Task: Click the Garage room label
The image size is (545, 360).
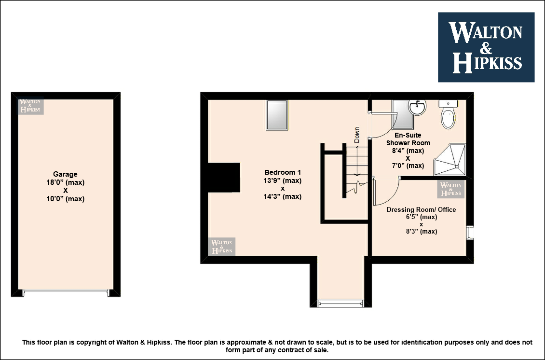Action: pyautogui.click(x=65, y=174)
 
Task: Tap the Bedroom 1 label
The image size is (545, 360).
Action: pyautogui.click(x=283, y=172)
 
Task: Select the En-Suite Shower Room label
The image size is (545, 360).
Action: pyautogui.click(x=408, y=139)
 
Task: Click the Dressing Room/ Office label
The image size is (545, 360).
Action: pyautogui.click(x=421, y=209)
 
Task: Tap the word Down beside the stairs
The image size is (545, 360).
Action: pyautogui.click(x=357, y=135)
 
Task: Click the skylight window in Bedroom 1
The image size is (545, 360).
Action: pyautogui.click(x=277, y=115)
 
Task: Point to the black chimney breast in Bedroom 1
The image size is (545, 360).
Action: pyautogui.click(x=224, y=178)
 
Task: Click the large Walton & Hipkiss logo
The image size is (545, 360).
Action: pyautogui.click(x=486, y=47)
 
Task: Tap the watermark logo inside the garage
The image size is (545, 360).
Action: pyautogui.click(x=31, y=106)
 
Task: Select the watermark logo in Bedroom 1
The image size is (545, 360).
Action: pyautogui.click(x=222, y=246)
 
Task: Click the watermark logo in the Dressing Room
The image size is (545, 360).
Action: pyautogui.click(x=451, y=189)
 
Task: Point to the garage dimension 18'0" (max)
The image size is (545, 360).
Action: pyautogui.click(x=65, y=182)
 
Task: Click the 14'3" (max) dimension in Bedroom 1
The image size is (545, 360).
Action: pyautogui.click(x=283, y=196)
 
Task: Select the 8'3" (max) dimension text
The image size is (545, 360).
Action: pyautogui.click(x=421, y=231)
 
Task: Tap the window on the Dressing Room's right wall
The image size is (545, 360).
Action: pyautogui.click(x=470, y=233)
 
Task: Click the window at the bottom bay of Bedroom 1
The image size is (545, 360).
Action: pyautogui.click(x=341, y=304)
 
